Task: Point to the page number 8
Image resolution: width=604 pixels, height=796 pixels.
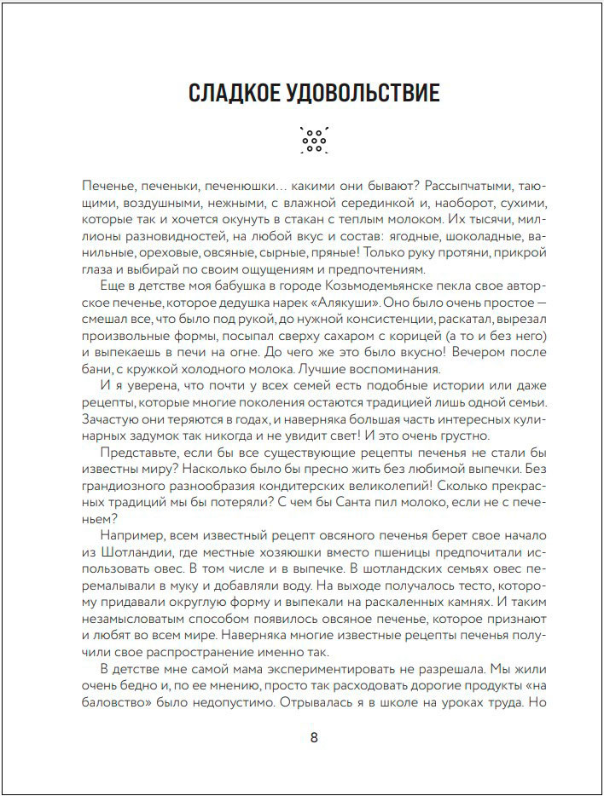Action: tap(314, 737)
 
